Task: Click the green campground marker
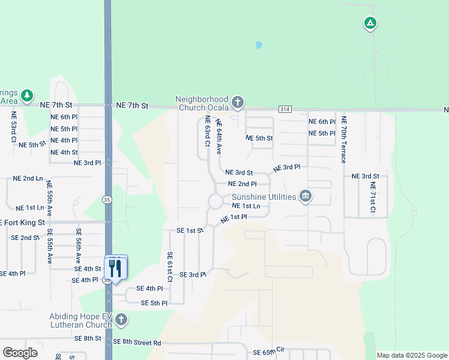pos(370,23)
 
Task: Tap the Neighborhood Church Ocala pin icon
pos(238,103)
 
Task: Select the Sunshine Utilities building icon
pos(306,197)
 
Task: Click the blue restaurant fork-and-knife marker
pos(116,268)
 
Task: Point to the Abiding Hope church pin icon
pos(121,319)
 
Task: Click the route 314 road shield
pos(285,109)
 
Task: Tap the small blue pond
pos(259,45)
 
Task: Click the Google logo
pos(20,353)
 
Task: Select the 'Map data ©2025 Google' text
pos(411,355)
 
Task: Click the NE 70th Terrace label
pos(344,140)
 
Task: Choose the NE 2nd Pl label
pos(243,184)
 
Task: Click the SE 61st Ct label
pos(170,267)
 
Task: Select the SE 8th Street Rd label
pos(137,342)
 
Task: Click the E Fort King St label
pos(23,223)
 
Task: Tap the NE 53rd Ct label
pos(13,127)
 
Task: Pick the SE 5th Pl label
pos(154,303)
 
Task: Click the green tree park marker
pos(26,96)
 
